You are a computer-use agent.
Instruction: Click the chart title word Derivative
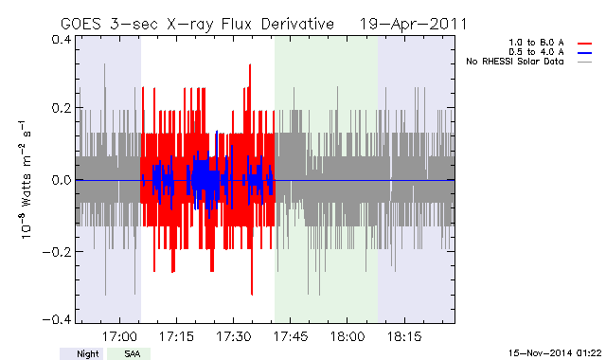point(297,24)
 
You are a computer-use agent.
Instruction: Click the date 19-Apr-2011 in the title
point(413,24)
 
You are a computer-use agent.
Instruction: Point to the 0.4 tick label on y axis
point(61,40)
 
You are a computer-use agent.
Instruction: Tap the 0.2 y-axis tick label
point(61,108)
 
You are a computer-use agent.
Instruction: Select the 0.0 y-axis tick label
point(61,180)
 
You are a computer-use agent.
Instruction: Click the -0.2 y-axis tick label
point(57,252)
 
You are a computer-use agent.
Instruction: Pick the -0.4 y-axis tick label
point(57,320)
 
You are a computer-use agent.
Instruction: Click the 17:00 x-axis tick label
point(119,337)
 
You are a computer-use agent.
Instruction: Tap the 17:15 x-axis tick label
point(177,337)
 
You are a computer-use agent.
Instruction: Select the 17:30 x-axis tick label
point(234,337)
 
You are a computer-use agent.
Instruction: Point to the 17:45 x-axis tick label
point(291,337)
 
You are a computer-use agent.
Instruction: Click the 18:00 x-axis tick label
point(348,337)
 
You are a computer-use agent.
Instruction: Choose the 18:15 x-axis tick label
point(404,337)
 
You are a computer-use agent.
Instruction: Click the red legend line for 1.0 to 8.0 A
point(585,44)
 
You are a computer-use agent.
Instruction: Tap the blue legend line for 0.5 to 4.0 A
point(585,53)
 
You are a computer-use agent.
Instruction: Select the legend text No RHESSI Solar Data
point(515,62)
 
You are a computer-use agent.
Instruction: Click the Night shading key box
point(81,353)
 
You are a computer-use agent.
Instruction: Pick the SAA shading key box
point(129,353)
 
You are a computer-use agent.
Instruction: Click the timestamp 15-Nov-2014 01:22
point(555,353)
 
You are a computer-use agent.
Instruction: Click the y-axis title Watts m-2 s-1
point(25,180)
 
